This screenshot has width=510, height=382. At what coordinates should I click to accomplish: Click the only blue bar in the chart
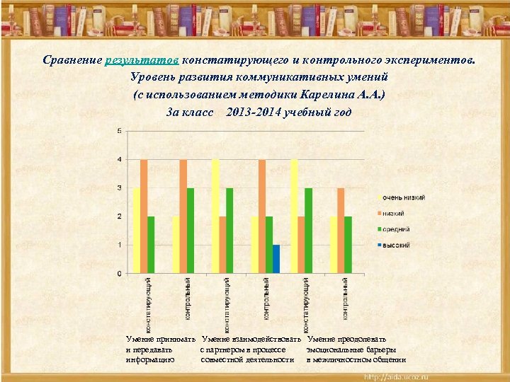(276, 259)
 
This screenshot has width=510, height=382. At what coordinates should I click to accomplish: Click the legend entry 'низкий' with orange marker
(398, 213)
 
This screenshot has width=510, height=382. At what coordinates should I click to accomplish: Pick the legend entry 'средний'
(399, 229)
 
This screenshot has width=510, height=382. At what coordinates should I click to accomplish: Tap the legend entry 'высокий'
(399, 245)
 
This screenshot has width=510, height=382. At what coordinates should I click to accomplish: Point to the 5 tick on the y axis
(118, 131)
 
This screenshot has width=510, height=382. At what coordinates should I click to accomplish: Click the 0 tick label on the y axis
(118, 273)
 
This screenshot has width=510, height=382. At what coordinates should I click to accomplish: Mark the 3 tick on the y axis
(118, 187)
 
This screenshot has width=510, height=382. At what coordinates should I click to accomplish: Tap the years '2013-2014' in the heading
(254, 112)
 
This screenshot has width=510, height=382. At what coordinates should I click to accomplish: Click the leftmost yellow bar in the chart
(137, 230)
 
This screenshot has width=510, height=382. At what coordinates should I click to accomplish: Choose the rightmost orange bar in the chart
(341, 230)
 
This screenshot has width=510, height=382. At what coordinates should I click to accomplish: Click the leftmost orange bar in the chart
(144, 216)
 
